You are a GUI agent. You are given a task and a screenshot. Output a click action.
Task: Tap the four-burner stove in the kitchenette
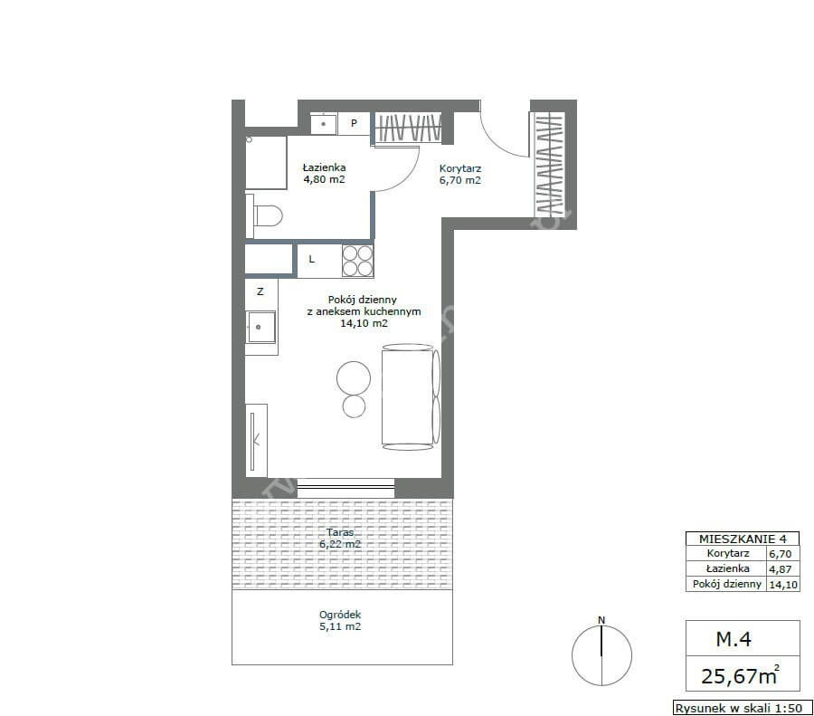357,261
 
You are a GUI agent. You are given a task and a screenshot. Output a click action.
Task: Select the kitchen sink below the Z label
261,327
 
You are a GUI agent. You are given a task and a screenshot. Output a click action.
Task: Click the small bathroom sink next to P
324,124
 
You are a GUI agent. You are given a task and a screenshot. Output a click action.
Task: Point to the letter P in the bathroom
354,123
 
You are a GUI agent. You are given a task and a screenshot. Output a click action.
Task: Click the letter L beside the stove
311,259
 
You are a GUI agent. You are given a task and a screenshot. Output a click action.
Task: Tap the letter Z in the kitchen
260,291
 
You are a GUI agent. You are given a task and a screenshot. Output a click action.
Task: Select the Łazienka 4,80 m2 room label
325,174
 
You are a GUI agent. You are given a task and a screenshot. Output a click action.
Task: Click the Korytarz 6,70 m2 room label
460,175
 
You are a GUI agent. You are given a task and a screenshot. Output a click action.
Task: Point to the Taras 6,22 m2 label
340,539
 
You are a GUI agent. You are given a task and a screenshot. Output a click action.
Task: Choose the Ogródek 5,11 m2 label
340,620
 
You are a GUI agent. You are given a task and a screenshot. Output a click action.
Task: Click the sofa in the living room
411,397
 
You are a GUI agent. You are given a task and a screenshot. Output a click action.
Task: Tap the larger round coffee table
354,378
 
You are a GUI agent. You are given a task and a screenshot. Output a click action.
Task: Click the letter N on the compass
601,620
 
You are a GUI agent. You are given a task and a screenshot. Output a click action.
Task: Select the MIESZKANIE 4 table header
743,539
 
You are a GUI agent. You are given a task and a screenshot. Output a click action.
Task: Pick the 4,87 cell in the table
781,569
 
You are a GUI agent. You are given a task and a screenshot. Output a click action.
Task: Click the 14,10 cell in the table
783,585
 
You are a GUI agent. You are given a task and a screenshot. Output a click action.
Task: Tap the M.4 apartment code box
743,638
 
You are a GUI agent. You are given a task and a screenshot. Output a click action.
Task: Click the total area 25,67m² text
740,675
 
